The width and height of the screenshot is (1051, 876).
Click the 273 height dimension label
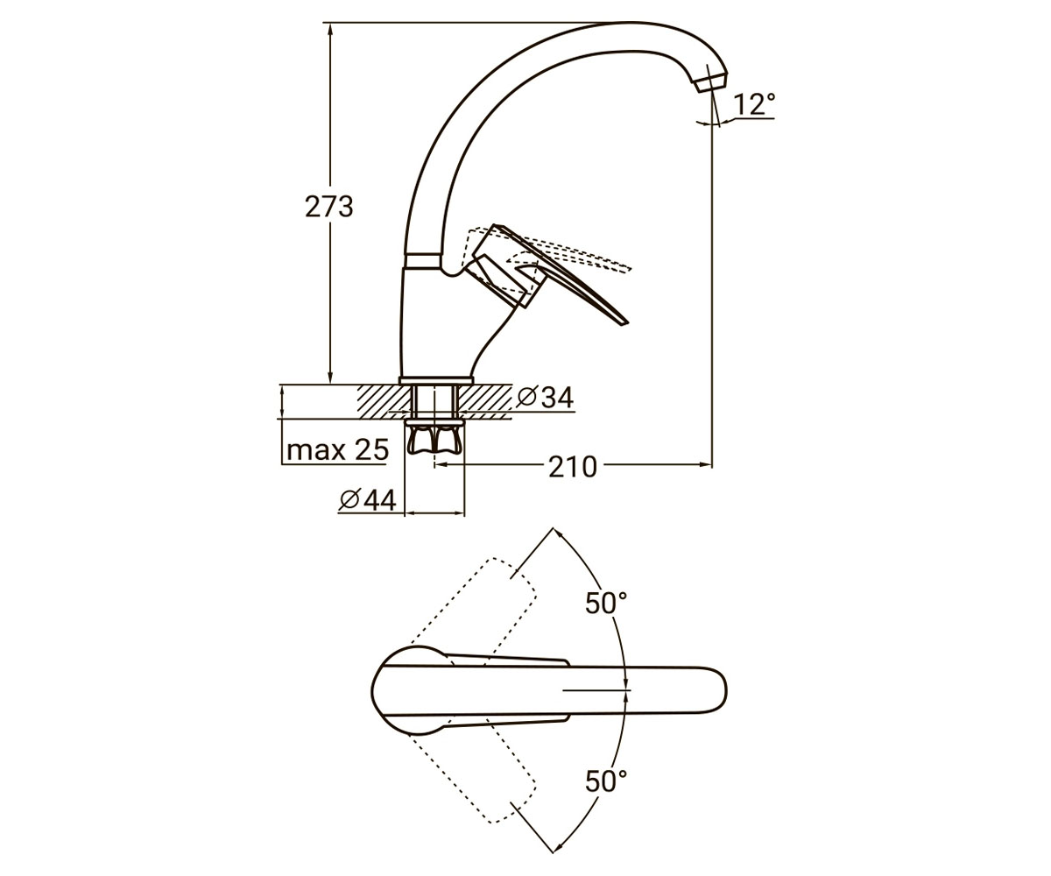[329, 207]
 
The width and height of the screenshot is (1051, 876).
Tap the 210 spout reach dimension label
[572, 468]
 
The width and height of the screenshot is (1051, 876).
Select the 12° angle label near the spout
[754, 105]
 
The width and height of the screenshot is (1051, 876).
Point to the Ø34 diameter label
[546, 399]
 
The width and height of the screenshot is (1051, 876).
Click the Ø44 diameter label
[368, 500]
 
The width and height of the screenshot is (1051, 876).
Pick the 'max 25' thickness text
[338, 449]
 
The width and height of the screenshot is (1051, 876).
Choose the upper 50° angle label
[606, 603]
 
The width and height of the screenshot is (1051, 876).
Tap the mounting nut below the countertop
[434, 437]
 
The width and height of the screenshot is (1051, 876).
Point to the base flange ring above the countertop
[436, 380]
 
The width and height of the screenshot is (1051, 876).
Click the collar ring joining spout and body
[423, 261]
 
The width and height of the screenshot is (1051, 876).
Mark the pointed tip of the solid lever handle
[628, 322]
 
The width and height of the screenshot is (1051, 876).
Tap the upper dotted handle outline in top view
[473, 608]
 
